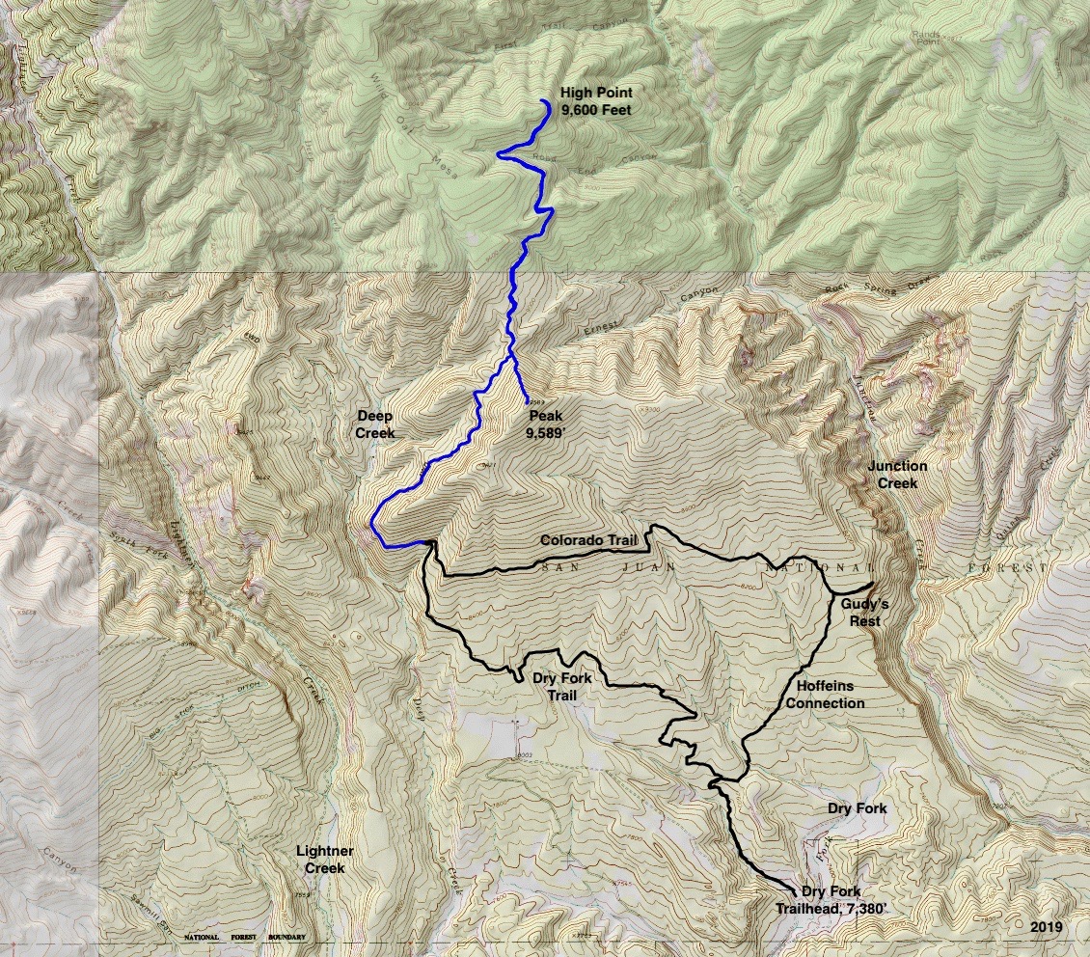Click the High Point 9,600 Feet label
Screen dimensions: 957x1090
(x=596, y=101)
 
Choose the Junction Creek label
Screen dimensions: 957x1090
(x=897, y=475)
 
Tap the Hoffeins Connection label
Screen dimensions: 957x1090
(x=825, y=695)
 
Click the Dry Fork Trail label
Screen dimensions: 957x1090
(x=560, y=685)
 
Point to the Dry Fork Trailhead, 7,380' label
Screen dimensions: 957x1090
(x=818, y=900)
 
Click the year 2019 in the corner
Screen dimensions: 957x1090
(x=1045, y=927)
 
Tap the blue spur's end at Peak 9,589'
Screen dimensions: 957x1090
(x=527, y=401)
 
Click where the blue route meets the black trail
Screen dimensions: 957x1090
(x=428, y=544)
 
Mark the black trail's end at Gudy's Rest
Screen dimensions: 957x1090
(x=872, y=585)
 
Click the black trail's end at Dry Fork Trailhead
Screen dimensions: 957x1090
(x=794, y=891)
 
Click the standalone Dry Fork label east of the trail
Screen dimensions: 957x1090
(x=857, y=807)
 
